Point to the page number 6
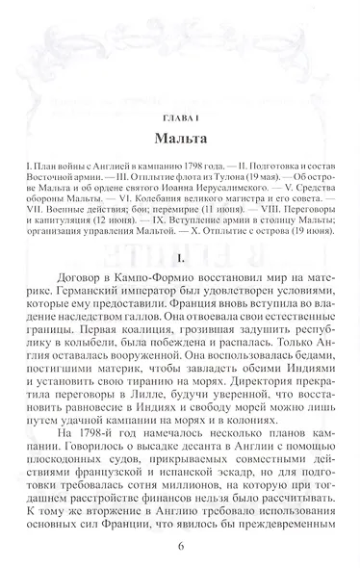point(180,548)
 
